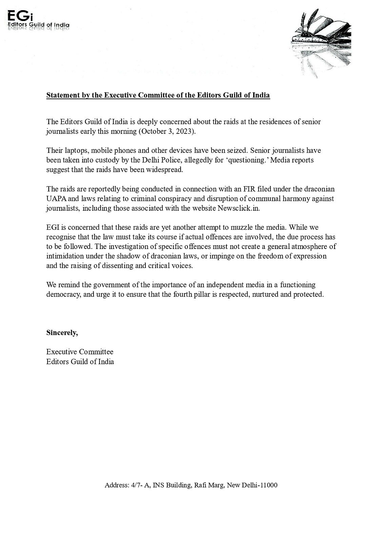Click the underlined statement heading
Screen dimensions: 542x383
click(158, 95)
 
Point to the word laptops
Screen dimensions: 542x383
click(73, 150)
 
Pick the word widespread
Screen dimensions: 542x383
click(166, 170)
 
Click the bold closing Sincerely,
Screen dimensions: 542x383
click(62, 333)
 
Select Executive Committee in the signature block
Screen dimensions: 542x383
click(80, 352)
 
